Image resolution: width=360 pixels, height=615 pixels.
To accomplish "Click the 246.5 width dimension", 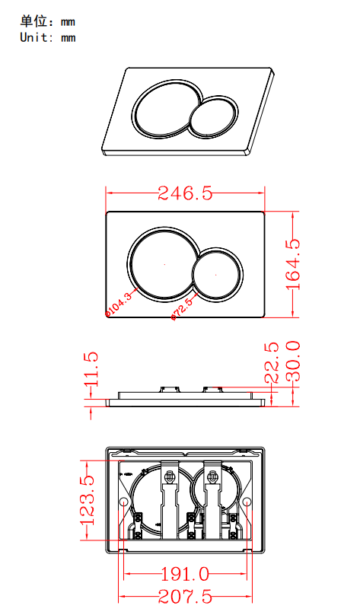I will pyautogui.click(x=185, y=193).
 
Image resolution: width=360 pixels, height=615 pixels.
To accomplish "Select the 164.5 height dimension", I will pyautogui.click(x=293, y=264).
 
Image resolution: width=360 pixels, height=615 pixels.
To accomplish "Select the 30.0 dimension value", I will pyautogui.click(x=293, y=362).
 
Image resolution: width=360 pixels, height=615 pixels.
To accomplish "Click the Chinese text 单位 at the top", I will pyautogui.click(x=33, y=21).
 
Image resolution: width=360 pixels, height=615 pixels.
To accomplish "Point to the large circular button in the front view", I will pyautogui.click(x=164, y=263).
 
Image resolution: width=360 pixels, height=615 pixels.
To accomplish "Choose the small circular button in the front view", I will pyautogui.click(x=216, y=273).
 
